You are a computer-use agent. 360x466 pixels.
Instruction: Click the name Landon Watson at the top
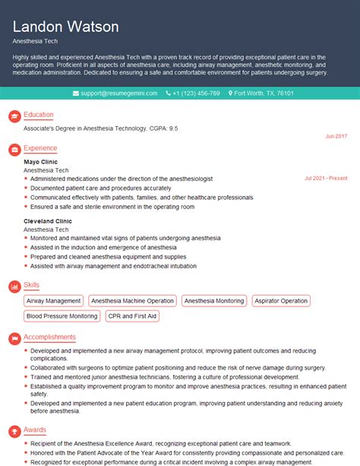(66, 27)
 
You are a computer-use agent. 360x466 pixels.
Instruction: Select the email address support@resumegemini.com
(115, 93)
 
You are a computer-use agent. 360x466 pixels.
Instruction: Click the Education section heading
(38, 115)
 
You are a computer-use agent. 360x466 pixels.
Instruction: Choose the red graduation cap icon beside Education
(13, 116)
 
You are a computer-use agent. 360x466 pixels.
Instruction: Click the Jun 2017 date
(335, 136)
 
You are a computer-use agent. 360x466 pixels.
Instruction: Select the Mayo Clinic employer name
(40, 162)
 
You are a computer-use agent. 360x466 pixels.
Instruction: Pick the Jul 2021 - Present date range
(325, 179)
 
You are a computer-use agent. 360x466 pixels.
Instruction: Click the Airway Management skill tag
(54, 301)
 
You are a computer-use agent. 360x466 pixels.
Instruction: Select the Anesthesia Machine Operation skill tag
(132, 301)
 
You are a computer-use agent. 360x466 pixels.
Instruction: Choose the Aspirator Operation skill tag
(280, 301)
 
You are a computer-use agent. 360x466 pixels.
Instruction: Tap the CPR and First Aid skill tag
(133, 315)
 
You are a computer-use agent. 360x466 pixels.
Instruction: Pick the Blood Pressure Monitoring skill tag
(62, 315)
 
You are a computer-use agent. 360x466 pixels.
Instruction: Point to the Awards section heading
(35, 429)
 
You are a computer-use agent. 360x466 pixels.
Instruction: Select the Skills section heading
(32, 284)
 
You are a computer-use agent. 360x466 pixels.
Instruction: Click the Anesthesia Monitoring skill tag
(214, 301)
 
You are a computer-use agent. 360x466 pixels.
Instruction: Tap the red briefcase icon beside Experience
(13, 148)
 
